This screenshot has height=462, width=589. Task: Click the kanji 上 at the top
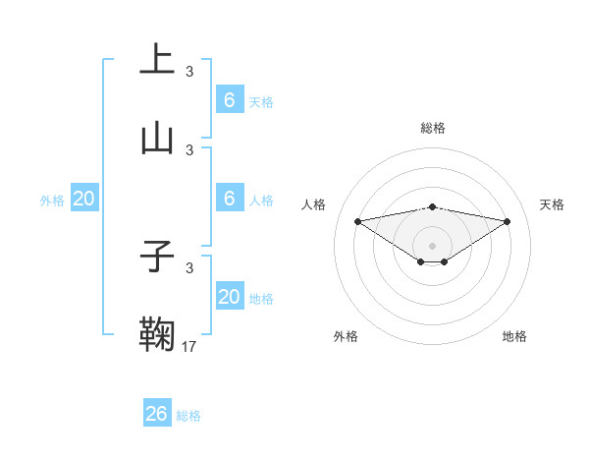pyautogui.click(x=157, y=59)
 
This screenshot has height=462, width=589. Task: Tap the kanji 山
pyautogui.click(x=157, y=138)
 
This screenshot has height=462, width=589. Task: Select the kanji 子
pyautogui.click(x=157, y=257)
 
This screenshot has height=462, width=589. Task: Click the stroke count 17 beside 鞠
pyautogui.click(x=189, y=346)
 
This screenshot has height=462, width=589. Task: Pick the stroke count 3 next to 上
pyautogui.click(x=189, y=71)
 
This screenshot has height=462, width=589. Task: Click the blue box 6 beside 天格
pyautogui.click(x=230, y=100)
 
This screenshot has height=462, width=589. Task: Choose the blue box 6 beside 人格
pyautogui.click(x=230, y=199)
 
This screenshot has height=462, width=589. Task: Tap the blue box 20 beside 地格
pyautogui.click(x=230, y=297)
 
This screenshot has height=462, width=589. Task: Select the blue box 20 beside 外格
pyautogui.click(x=84, y=199)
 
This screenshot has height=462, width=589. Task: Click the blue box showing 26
pyautogui.click(x=157, y=414)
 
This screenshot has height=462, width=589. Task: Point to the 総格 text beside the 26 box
pyautogui.click(x=188, y=416)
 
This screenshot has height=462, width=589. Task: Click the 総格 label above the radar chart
pyautogui.click(x=433, y=128)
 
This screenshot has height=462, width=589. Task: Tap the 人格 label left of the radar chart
pyautogui.click(x=314, y=204)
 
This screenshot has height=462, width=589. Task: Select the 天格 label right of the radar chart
pyautogui.click(x=552, y=204)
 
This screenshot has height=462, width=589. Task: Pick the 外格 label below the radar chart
pyautogui.click(x=346, y=336)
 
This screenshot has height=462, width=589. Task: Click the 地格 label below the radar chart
pyautogui.click(x=514, y=336)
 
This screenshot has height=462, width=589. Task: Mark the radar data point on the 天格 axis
pyautogui.click(x=508, y=221)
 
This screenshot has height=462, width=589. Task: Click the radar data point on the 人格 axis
pyautogui.click(x=358, y=221)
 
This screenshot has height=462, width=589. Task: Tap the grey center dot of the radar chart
pyautogui.click(x=433, y=245)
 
